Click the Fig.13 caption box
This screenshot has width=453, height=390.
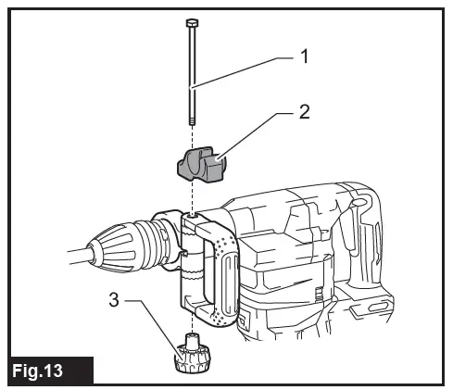click(x=48, y=371)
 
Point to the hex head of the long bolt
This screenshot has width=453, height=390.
click(x=190, y=21)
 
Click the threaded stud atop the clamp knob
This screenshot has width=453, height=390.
click(x=192, y=340)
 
